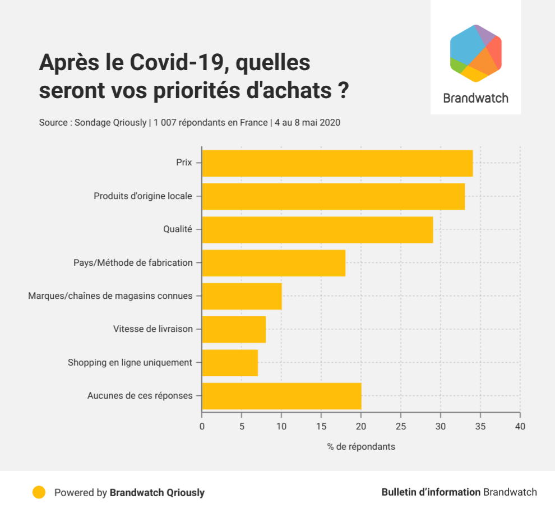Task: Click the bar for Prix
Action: click(x=337, y=163)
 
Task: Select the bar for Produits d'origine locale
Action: click(x=333, y=197)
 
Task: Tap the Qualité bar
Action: click(x=317, y=230)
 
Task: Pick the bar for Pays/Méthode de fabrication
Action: click(x=274, y=263)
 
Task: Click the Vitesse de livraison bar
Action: click(x=234, y=329)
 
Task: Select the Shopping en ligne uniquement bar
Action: click(x=230, y=363)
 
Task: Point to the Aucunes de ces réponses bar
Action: click(x=281, y=396)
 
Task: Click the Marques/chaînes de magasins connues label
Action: click(x=110, y=295)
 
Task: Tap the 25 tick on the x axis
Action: click(x=401, y=426)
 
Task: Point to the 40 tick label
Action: click(x=520, y=426)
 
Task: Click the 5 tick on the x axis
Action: click(x=242, y=426)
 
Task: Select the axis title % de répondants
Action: click(x=361, y=447)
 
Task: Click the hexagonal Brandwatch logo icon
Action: click(x=475, y=53)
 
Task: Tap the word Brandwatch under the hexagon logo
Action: click(x=475, y=98)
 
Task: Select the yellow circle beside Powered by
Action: click(x=39, y=492)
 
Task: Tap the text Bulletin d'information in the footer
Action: click(x=431, y=492)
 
